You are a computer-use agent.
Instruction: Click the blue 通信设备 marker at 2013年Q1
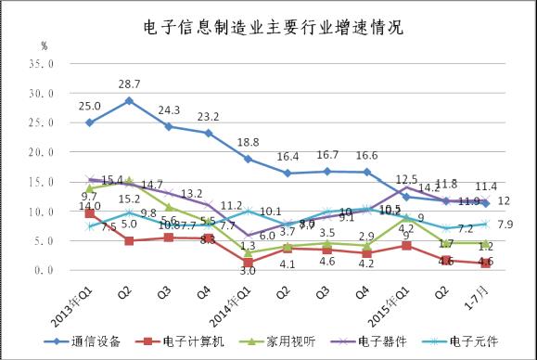tap(89, 122)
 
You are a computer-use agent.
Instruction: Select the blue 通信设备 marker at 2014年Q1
tap(248, 159)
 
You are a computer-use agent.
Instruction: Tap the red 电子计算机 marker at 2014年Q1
tap(248, 263)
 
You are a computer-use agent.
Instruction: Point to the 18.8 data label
tap(248, 142)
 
